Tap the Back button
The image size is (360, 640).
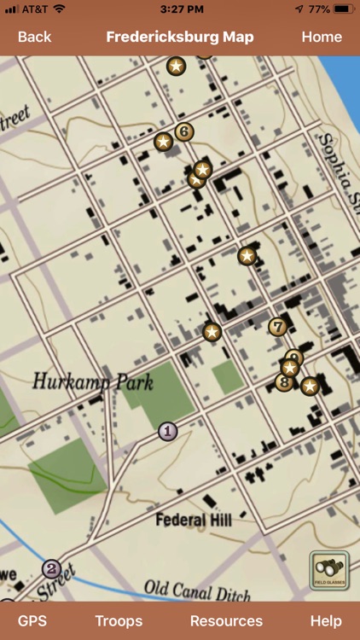point(34,37)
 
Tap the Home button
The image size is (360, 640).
point(322,37)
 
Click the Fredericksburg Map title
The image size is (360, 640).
point(180,37)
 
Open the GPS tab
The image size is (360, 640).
point(32,620)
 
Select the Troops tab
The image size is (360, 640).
point(119,620)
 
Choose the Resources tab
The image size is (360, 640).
point(226,620)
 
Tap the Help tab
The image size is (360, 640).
point(326,620)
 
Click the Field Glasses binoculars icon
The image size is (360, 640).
point(328,570)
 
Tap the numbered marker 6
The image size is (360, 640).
point(183,131)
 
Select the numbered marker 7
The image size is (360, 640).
point(277,326)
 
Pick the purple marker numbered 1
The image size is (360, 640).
point(168,431)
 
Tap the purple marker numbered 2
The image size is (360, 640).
point(51,568)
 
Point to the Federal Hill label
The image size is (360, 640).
point(193,519)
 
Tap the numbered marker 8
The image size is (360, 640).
point(283,382)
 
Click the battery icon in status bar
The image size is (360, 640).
point(344,9)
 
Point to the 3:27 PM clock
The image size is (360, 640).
point(180,9)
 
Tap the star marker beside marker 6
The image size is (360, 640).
point(163,142)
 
